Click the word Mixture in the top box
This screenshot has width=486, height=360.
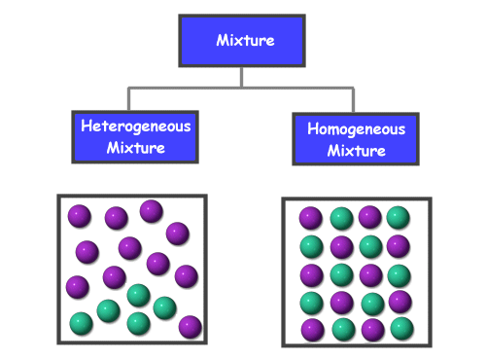point(245,41)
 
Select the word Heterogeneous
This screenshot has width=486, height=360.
point(136,126)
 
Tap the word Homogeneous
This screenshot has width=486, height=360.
point(356,129)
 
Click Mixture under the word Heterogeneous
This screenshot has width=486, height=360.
point(136,148)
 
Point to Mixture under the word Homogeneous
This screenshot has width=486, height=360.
point(357,151)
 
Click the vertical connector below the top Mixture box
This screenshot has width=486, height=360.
point(242,77)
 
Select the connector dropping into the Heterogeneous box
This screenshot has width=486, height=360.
point(129,99)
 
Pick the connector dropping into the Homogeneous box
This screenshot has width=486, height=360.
point(353,100)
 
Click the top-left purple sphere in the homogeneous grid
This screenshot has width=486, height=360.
point(311,218)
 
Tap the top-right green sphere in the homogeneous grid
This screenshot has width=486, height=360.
point(399,217)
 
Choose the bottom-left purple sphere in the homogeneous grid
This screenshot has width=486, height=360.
point(313,330)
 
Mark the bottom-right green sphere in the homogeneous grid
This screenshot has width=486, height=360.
point(402,329)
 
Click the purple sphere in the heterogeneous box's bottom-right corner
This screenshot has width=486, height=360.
point(191,327)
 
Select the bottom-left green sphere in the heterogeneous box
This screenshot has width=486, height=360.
point(82,324)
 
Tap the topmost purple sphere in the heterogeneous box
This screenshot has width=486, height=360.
point(152,211)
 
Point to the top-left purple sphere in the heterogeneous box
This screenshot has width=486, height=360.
point(80,216)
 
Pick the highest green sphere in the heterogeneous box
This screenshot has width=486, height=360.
point(139,296)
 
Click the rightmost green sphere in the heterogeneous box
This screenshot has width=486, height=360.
point(165,308)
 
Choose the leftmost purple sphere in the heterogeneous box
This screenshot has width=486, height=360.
point(78,287)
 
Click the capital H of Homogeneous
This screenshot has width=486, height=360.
point(312,128)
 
